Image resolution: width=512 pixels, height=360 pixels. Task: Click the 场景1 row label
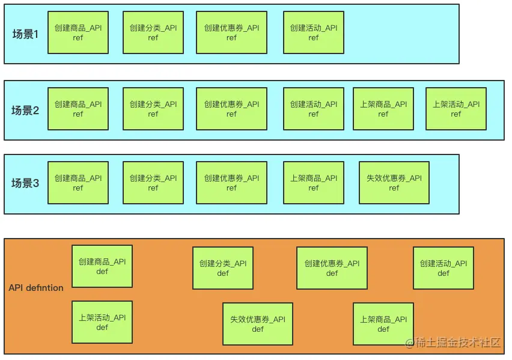(x=25, y=34)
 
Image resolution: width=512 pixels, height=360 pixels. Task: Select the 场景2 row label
(x=25, y=111)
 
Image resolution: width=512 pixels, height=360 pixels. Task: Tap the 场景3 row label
(x=25, y=183)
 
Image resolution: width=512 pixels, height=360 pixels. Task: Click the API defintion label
(x=36, y=288)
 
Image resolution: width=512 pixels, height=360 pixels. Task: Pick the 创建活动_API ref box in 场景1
(x=314, y=32)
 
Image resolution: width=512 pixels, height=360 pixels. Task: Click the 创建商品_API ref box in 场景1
(x=78, y=32)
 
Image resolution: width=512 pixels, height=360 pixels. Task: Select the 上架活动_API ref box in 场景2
(x=456, y=109)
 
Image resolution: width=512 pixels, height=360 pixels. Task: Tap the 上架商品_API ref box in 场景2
(x=383, y=109)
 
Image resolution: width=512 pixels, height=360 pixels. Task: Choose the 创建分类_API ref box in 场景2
(x=153, y=109)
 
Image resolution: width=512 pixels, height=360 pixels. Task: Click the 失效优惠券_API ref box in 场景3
(x=394, y=183)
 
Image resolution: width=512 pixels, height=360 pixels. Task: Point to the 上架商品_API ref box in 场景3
(x=314, y=183)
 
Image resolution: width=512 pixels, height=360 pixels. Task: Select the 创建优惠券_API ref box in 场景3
(x=232, y=183)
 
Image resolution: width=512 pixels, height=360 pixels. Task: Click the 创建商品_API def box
(x=102, y=266)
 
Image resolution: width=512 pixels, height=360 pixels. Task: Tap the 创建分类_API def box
(x=223, y=268)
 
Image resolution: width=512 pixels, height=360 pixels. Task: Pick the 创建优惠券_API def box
(x=332, y=268)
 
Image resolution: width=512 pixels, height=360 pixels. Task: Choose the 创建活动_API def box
(x=443, y=268)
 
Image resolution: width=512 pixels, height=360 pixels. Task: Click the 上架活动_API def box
(x=102, y=322)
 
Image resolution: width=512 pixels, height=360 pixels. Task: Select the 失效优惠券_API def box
(x=258, y=324)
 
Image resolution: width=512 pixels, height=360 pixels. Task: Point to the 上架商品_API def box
(x=383, y=324)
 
